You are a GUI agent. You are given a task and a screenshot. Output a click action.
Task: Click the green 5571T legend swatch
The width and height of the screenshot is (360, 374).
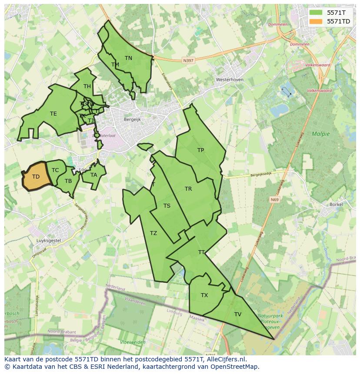[316, 13]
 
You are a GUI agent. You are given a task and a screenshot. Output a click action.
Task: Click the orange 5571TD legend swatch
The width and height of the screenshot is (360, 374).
[316, 21]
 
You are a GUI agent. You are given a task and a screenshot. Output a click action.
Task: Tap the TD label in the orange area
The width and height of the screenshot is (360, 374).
[36, 177]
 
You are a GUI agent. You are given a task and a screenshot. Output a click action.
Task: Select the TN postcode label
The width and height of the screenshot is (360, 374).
[128, 58]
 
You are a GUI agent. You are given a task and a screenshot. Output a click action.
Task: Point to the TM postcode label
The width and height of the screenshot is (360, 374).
[115, 65]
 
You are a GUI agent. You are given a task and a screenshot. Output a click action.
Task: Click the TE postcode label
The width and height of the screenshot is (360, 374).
[53, 114]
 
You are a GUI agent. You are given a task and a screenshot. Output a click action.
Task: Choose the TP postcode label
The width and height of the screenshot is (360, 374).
[200, 150]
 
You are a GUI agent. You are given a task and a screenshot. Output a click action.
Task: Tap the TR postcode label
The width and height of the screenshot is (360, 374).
[188, 189]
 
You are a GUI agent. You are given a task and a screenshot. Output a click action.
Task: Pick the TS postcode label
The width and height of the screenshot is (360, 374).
[167, 206]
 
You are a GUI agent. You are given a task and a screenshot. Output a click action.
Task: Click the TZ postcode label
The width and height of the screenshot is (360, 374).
[153, 233]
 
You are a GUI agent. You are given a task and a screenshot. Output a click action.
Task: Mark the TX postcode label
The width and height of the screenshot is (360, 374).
[204, 295]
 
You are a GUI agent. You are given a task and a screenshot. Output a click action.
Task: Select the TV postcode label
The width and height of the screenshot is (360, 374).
[238, 314]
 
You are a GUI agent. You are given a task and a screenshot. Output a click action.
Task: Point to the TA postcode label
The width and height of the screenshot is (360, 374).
[94, 175]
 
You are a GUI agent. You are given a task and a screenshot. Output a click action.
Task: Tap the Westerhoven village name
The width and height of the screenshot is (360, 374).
[230, 80]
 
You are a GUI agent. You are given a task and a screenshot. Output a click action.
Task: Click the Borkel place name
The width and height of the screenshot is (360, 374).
[337, 204]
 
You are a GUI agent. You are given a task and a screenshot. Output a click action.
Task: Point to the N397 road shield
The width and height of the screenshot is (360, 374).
[188, 61]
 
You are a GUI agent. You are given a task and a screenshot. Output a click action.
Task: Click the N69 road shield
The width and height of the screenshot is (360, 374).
[274, 200]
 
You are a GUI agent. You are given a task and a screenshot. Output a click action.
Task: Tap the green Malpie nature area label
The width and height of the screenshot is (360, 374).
[321, 134]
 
